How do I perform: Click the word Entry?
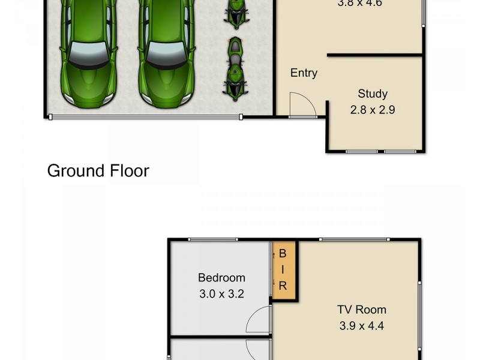pyautogui.click(x=304, y=73)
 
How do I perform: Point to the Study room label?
pyautogui.click(x=373, y=94)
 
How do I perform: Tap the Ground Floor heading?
pyautogui.click(x=98, y=171)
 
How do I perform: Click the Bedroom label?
pyautogui.click(x=221, y=278)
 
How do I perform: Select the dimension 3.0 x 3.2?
pyautogui.click(x=221, y=294)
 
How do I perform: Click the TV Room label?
pyautogui.click(x=361, y=310)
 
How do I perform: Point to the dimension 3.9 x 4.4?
pyautogui.click(x=361, y=326)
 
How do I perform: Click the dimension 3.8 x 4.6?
pyautogui.click(x=360, y=3)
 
